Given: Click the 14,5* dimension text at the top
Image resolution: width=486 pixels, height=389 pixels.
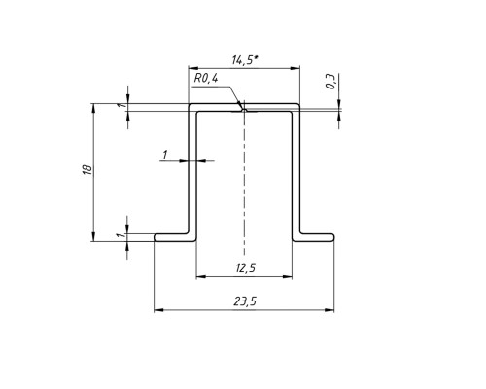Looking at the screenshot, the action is point(245,60).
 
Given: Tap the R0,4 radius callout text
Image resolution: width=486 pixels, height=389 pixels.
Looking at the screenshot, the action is point(206,78).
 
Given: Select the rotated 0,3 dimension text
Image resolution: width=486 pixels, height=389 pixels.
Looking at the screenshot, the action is point(330,82).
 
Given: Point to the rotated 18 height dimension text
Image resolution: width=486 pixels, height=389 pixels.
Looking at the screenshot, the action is point(87,170).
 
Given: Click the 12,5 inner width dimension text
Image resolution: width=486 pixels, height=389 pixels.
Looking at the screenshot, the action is point(245,268).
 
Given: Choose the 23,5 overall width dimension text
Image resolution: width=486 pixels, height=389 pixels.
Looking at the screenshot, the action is point(245,301).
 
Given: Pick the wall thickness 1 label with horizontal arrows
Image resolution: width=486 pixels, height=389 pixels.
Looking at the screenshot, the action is point(165,155).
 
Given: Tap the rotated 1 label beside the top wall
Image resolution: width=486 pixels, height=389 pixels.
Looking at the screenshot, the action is point(121,106).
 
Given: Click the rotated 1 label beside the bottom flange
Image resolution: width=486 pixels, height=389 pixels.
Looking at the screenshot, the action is point(121,235).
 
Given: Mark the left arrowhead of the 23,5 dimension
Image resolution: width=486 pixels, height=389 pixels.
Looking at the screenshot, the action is point(158,310).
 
